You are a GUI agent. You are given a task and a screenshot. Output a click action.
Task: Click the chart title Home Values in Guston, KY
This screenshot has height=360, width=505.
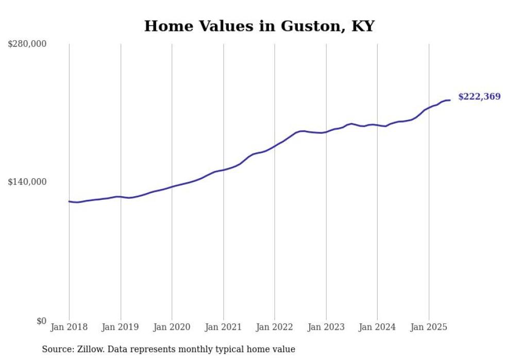tap(259, 26)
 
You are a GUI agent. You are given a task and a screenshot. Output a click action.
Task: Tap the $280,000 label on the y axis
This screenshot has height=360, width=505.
tap(27, 44)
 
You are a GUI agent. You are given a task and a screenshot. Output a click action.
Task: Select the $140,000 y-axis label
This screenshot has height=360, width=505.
tap(27, 182)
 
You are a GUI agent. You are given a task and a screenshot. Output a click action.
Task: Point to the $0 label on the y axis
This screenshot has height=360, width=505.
tap(41, 321)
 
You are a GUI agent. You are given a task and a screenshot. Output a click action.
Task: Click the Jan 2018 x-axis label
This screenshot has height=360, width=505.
tap(69, 327)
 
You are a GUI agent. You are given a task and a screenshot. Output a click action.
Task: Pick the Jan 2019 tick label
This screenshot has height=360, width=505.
tap(121, 327)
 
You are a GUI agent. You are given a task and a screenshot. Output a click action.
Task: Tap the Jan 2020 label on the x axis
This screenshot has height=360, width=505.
tap(172, 327)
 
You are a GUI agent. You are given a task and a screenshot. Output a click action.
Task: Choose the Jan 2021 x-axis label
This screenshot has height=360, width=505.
tap(223, 327)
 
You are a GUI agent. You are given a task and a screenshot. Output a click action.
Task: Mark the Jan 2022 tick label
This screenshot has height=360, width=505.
tap(275, 327)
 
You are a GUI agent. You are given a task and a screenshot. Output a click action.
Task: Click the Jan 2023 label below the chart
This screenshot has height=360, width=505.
tap(326, 327)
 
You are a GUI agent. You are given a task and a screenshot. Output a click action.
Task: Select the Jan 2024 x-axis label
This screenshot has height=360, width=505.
tap(377, 327)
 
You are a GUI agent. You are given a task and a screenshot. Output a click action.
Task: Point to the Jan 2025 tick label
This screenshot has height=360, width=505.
tap(429, 327)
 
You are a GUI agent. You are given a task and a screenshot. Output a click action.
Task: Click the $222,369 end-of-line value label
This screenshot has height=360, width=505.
tap(479, 97)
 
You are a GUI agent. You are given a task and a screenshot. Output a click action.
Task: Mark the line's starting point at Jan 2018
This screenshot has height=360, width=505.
tap(69, 201)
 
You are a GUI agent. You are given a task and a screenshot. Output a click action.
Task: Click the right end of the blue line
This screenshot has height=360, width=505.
tap(450, 100)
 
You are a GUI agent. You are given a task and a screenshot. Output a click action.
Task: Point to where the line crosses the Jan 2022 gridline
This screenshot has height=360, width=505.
tap(275, 146)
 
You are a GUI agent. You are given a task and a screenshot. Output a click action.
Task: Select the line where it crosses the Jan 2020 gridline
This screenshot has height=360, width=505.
tap(172, 186)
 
